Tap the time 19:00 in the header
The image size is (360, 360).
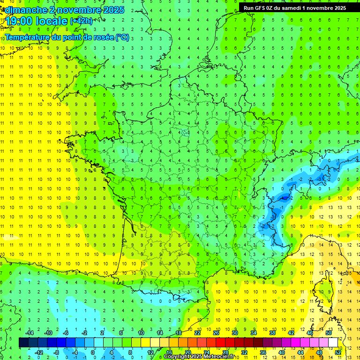coord(20,21)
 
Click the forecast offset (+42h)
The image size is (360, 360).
coord(81,21)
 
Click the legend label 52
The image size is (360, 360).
coord(338,352)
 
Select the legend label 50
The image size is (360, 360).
coord(329,332)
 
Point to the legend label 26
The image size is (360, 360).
coord(216,332)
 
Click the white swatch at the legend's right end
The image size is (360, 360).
coord(333,342)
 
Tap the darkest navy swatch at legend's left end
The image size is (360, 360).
coord(23,342)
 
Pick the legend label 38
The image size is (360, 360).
coord(272,332)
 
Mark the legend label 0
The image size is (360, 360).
coord(93,352)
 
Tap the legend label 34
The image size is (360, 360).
coord(254,332)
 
